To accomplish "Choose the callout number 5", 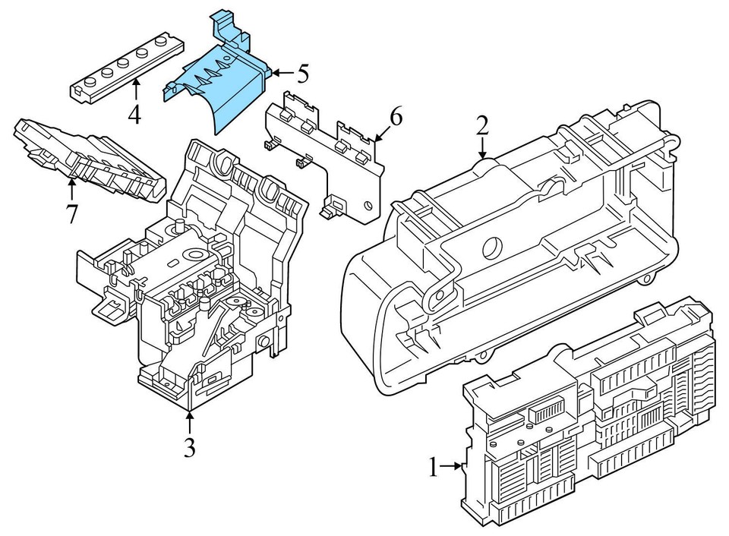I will (302, 74).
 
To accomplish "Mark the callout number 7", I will (71, 214).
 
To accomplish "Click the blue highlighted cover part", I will (220, 84).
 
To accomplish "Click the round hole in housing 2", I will (491, 246).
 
